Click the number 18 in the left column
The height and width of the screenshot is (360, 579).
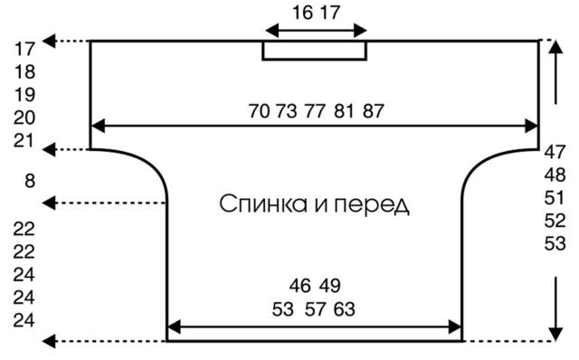tap(25, 71)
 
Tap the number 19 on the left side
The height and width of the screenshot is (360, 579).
tap(25, 94)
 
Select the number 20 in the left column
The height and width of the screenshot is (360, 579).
tap(25, 117)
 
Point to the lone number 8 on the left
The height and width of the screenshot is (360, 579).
tap(30, 182)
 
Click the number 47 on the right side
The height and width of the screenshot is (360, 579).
tap(555, 152)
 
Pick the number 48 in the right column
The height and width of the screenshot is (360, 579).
tap(555, 175)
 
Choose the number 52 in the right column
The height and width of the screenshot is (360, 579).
tap(555, 221)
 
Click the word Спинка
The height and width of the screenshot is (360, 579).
tap(261, 204)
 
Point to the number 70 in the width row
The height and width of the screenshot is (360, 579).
tap(260, 111)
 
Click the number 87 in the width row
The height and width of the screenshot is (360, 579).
tap(374, 111)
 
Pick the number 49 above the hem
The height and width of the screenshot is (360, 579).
tap(329, 286)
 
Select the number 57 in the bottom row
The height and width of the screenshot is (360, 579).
tap(315, 309)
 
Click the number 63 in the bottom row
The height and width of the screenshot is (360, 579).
tap(344, 309)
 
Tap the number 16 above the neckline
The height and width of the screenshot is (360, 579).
tap(303, 13)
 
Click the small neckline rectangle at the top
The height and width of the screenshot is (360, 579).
tap(315, 51)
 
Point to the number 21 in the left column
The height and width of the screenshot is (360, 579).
tap(25, 140)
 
